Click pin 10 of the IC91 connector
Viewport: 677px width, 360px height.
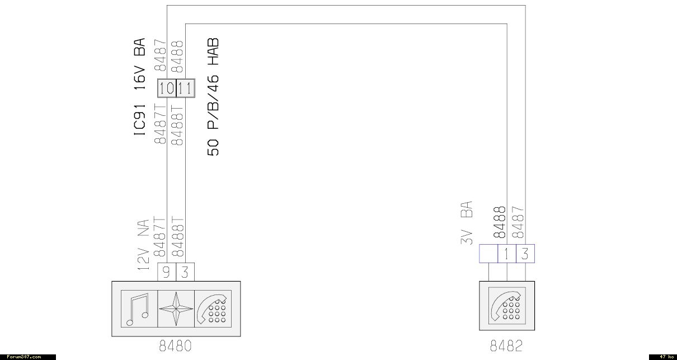[167, 88]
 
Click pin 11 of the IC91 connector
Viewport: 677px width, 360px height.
[185, 88]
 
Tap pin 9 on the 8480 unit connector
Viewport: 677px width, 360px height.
[166, 272]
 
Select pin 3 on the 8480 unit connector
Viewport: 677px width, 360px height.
[185, 272]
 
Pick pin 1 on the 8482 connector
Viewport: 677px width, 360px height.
[506, 254]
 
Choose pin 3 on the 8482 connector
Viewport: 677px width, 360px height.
[525, 254]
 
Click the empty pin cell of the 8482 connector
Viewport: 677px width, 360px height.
[488, 254]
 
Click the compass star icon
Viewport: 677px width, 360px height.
[176, 308]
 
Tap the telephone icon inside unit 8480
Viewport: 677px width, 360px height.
[213, 308]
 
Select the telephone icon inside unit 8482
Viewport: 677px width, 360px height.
[507, 305]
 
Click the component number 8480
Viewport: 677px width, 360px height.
[176, 345]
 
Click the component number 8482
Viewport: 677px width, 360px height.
[507, 345]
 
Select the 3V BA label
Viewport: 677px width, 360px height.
[467, 223]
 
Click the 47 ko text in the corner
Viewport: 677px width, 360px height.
[665, 357]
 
